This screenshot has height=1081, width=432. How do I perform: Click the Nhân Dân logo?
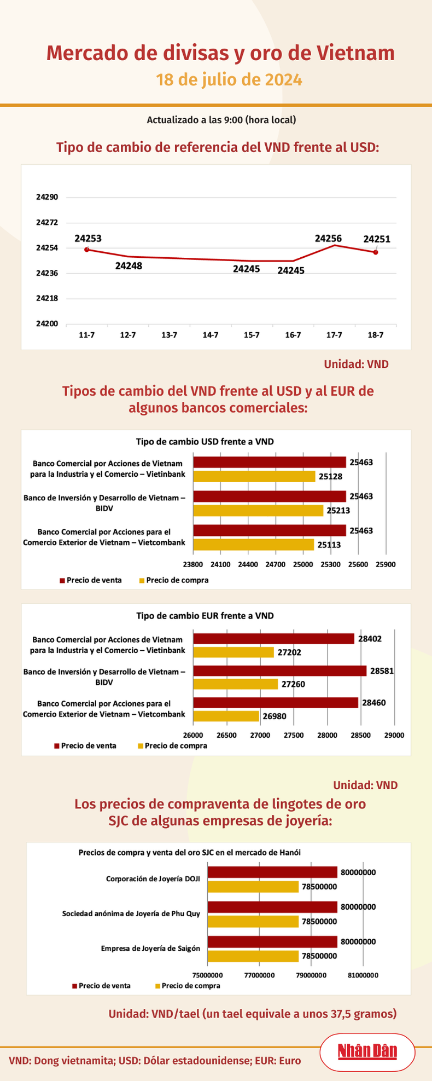coord(367,1051)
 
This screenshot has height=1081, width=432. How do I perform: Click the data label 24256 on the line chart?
coord(328,238)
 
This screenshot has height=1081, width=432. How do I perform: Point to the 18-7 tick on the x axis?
coord(375,334)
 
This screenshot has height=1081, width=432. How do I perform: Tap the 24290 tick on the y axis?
coord(47,197)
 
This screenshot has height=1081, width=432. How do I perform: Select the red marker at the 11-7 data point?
coord(87,250)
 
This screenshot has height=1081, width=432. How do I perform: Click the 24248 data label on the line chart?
coord(129,266)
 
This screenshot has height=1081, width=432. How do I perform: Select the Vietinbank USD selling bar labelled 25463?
coord(270,463)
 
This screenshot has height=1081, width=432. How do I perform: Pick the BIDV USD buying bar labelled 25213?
coord(258,510)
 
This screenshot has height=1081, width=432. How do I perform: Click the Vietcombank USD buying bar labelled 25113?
coord(254,545)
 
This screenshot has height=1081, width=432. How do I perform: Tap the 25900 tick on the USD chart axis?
coord(386,564)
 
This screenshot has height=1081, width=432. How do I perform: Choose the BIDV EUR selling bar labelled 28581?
coord(279,670)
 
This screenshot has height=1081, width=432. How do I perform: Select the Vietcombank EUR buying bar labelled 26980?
coord(226,716)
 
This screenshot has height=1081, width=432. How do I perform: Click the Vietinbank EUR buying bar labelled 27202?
coord(233,652)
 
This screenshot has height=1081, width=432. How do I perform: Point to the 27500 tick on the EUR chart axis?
coord(294,735)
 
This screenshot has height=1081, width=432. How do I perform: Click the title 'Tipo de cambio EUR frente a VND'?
coord(205,616)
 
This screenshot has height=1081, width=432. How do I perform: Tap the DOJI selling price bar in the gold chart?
coord(272,872)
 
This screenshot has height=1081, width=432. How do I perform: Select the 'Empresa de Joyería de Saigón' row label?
coord(150,949)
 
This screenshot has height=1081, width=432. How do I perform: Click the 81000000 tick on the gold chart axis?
coord(363,975)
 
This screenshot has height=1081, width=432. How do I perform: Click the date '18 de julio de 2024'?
coord(229,80)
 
